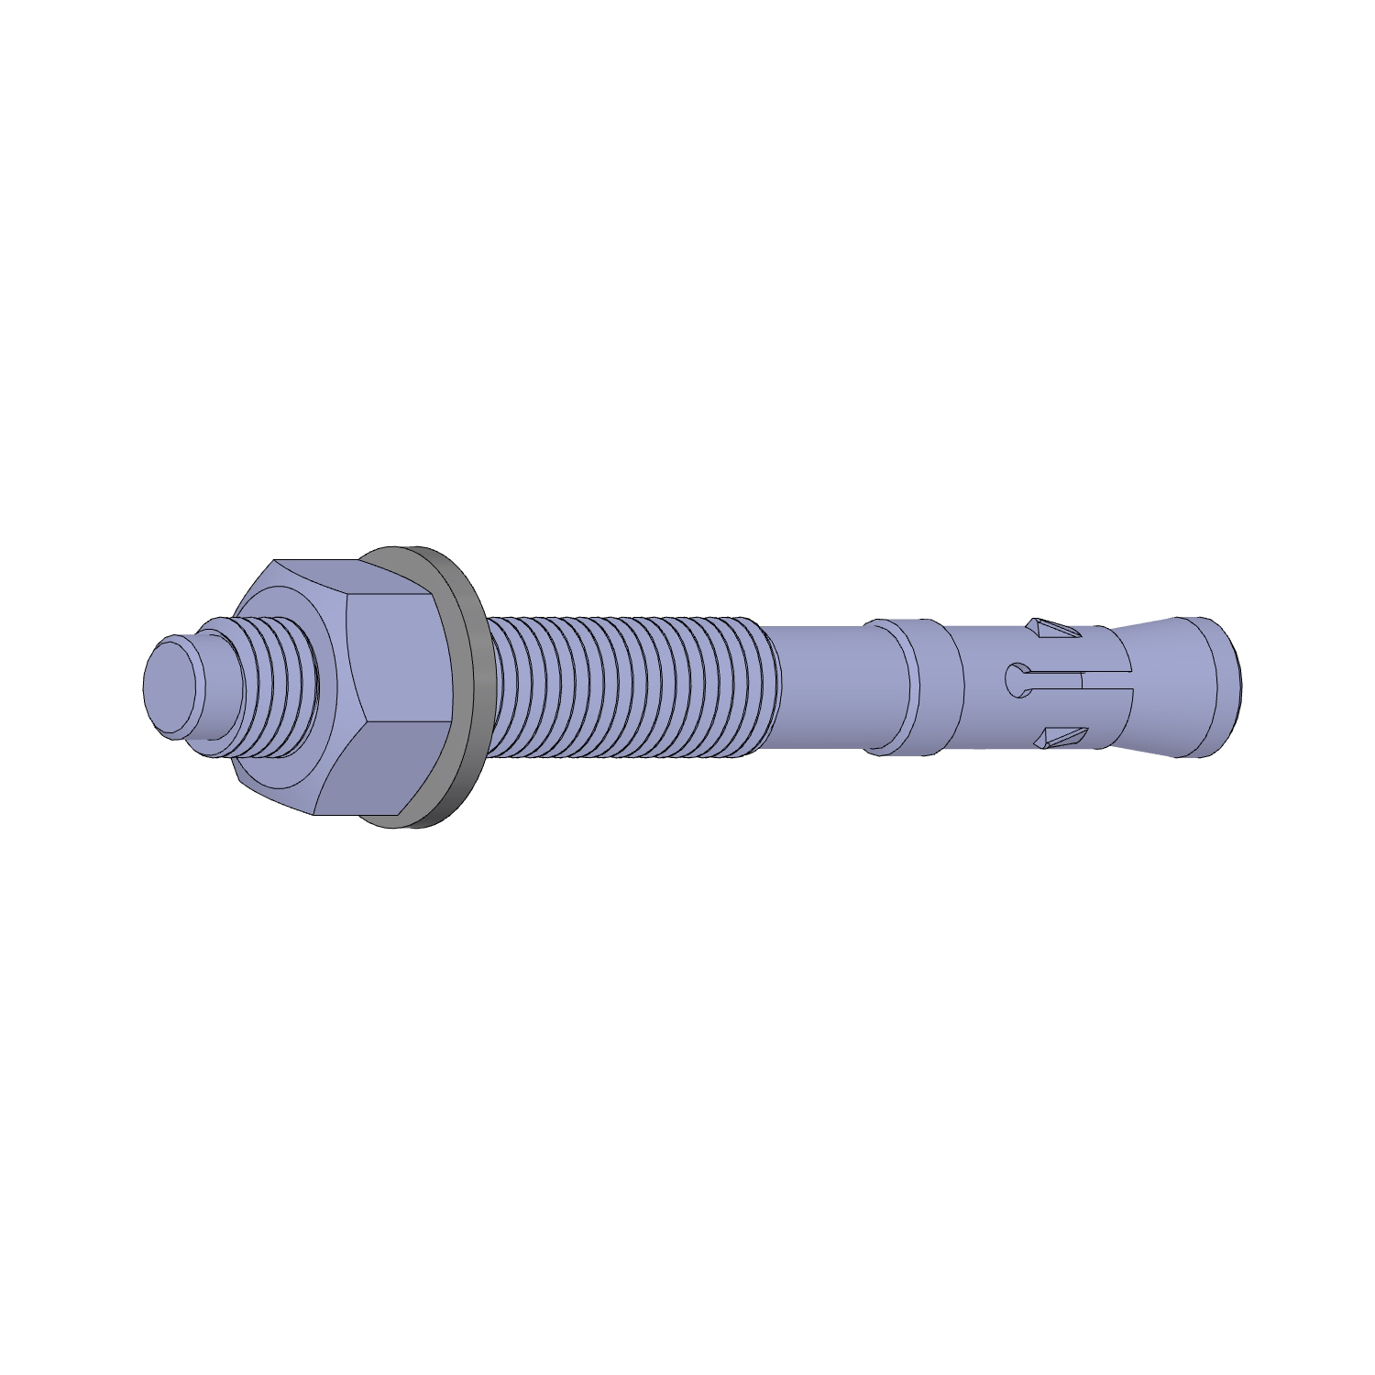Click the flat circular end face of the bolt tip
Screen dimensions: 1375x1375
pos(169,687)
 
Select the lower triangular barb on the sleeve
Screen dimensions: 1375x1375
pos(1059,738)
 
